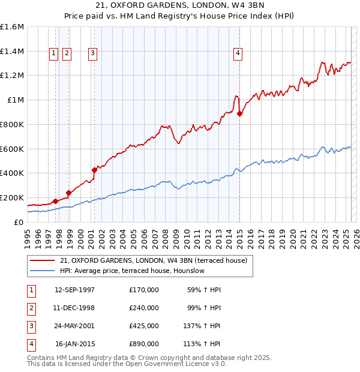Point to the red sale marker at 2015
[239, 113]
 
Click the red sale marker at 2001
[94, 170]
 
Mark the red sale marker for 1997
[55, 201]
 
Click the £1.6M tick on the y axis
[12, 27]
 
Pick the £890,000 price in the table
[143, 344]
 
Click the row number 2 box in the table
[31, 308]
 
